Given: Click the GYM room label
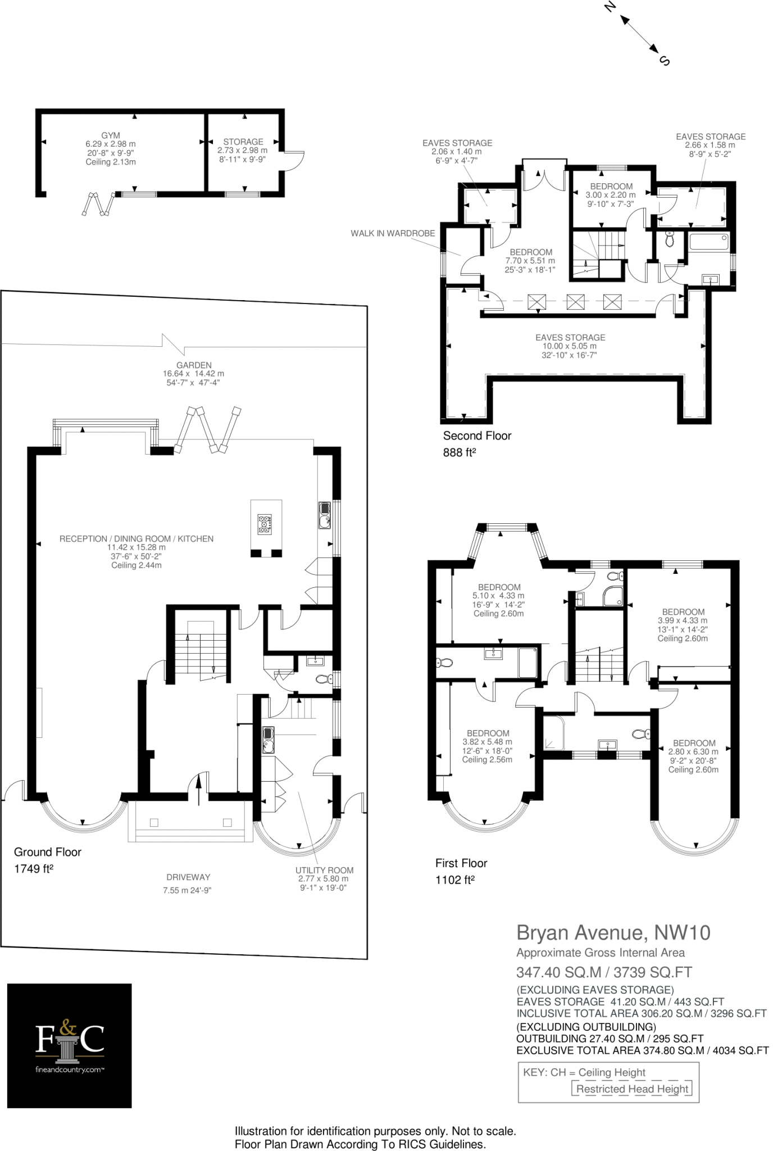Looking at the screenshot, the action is [x=111, y=135].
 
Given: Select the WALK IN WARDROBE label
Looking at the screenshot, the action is [x=393, y=233].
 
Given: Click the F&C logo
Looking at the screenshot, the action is [x=70, y=1046].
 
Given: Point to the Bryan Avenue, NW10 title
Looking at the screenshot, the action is [x=613, y=933].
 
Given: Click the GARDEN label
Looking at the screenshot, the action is [x=194, y=365].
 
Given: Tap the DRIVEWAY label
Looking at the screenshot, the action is [x=188, y=877].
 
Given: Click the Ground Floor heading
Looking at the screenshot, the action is [x=48, y=852].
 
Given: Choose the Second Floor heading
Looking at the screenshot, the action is [x=478, y=436].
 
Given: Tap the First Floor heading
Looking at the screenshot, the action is [x=461, y=863].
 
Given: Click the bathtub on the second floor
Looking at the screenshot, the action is [x=709, y=242].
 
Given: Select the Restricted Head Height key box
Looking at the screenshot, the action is [x=632, y=1089].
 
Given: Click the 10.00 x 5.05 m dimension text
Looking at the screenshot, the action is [x=570, y=346].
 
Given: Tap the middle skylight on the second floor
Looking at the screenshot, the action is [x=575, y=302].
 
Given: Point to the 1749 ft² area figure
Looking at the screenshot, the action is [x=34, y=869].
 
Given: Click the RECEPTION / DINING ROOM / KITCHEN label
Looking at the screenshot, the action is [x=137, y=539].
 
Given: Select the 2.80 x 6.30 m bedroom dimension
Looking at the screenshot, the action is [x=693, y=752].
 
